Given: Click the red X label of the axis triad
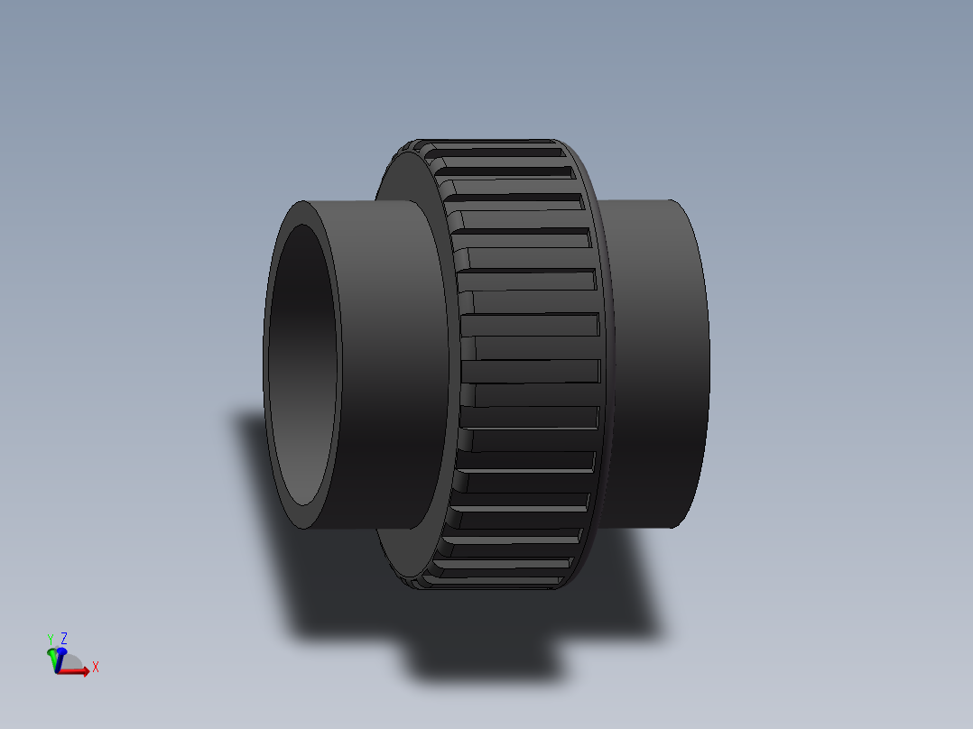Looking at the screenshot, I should [x=95, y=668].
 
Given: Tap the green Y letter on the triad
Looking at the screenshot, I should [x=51, y=640].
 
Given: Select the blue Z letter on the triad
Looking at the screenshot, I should [x=64, y=638].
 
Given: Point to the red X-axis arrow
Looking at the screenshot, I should [x=79, y=672].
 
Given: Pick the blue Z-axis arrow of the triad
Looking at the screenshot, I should [x=60, y=651].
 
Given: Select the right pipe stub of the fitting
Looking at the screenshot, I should [x=654, y=361].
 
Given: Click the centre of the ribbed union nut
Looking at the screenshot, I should [x=528, y=361].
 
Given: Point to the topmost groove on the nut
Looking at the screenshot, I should [x=505, y=152].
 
